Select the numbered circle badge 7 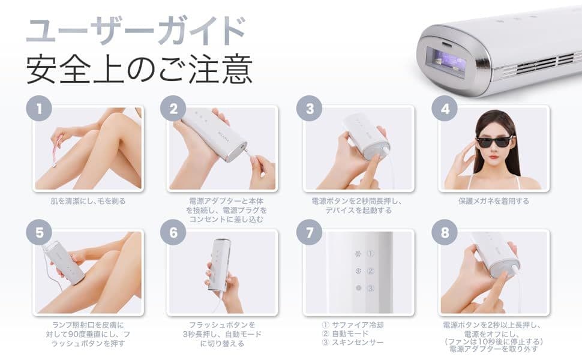310,233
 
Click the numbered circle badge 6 173,233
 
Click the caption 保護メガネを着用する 494,201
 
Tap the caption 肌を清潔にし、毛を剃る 88,201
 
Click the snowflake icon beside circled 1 359,254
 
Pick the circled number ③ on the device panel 371,289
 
